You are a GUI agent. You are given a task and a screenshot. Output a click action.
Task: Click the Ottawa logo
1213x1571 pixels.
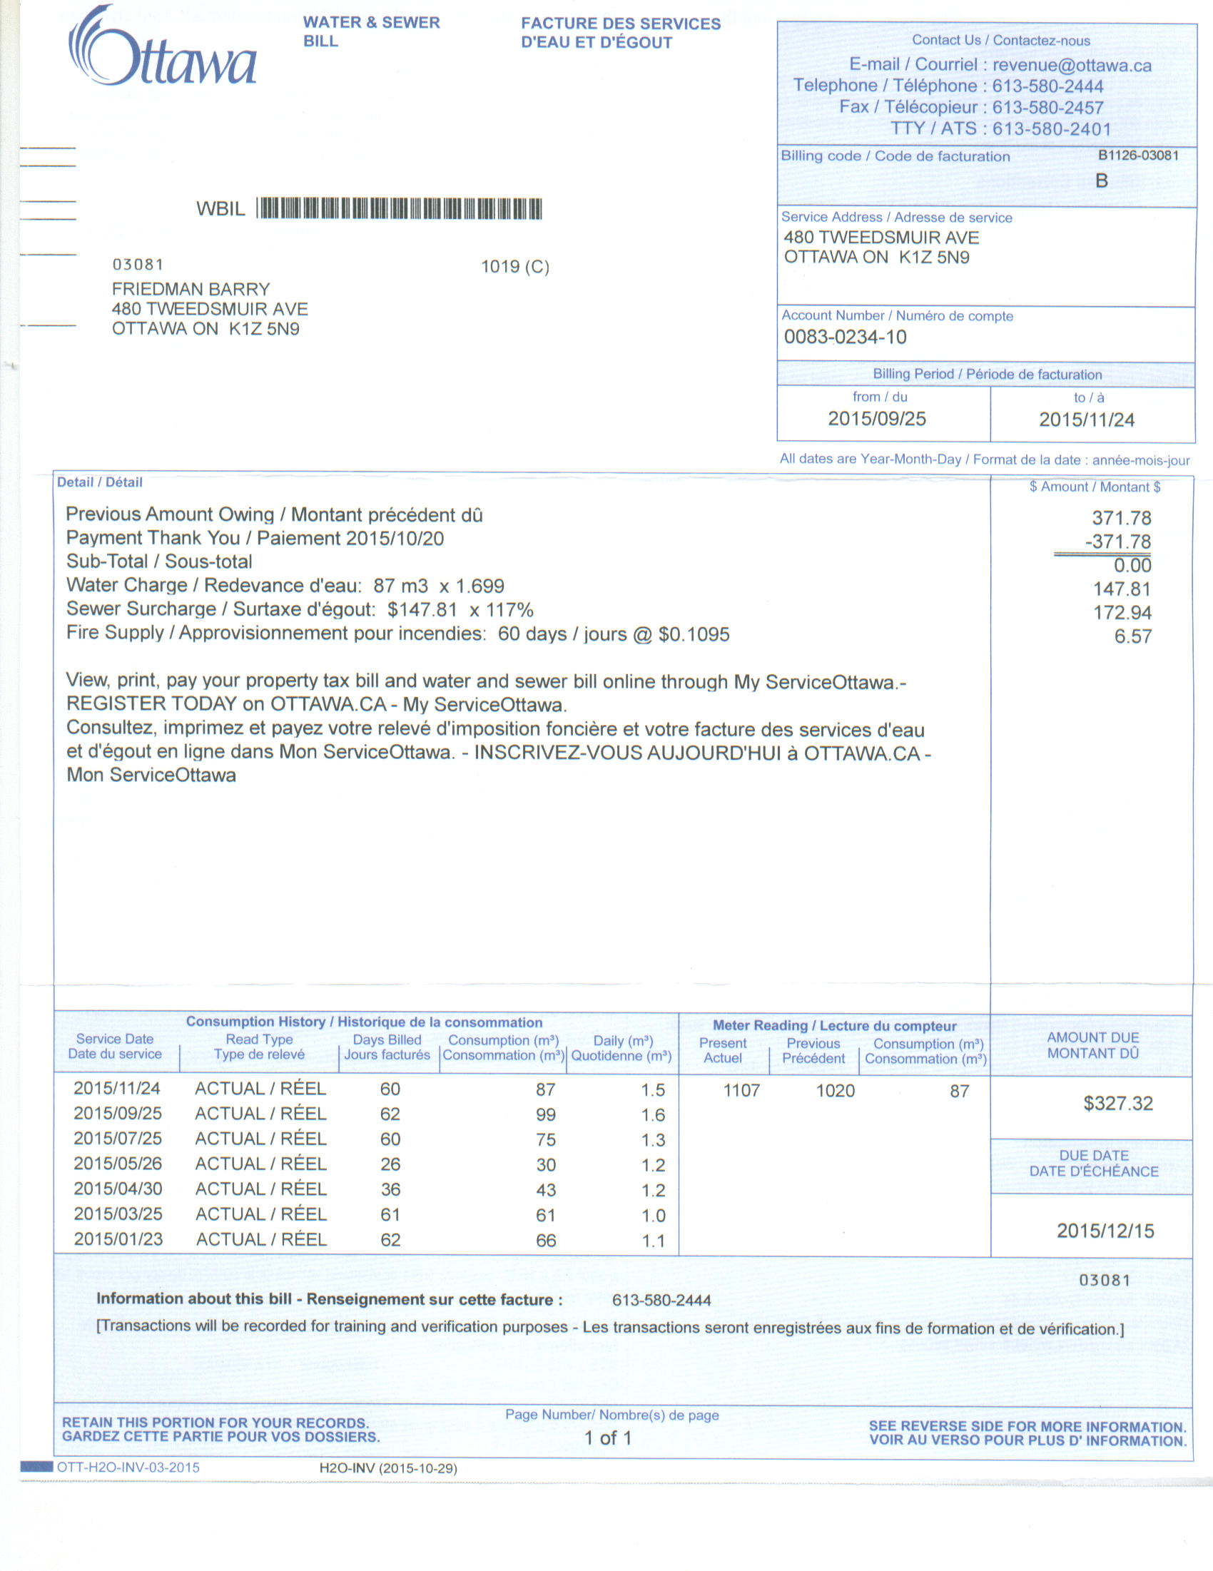163,48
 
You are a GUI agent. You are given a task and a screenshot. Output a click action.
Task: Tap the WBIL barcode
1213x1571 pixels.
400,208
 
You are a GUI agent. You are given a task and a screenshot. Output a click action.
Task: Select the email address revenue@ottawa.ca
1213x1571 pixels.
1071,66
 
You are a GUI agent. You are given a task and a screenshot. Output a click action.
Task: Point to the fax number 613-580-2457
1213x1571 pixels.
1047,108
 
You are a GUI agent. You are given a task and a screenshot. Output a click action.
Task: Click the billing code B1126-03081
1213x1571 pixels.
1137,156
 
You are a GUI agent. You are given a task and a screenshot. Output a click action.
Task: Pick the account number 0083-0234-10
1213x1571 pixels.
845,337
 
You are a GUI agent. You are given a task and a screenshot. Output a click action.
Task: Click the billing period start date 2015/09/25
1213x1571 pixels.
876,419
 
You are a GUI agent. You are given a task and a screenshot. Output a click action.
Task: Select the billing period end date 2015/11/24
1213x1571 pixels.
1087,420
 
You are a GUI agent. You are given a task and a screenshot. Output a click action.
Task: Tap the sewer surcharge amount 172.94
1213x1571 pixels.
1122,613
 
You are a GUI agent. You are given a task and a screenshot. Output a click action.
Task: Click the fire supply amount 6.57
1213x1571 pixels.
1132,636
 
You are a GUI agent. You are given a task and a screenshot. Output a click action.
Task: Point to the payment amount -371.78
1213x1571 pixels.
1117,542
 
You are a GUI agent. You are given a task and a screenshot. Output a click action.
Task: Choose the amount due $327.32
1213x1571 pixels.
1117,1104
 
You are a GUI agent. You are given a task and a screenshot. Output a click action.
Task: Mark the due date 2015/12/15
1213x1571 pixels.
1105,1231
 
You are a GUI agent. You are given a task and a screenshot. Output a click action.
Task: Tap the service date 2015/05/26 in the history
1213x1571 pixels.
118,1164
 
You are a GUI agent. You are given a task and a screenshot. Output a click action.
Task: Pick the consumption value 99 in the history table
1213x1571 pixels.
545,1114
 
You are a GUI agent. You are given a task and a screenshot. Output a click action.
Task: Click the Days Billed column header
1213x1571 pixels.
387,1047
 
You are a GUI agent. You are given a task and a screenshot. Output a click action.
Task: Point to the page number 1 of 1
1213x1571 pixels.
607,1438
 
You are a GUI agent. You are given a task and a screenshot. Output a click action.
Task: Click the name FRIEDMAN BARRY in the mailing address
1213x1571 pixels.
191,289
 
